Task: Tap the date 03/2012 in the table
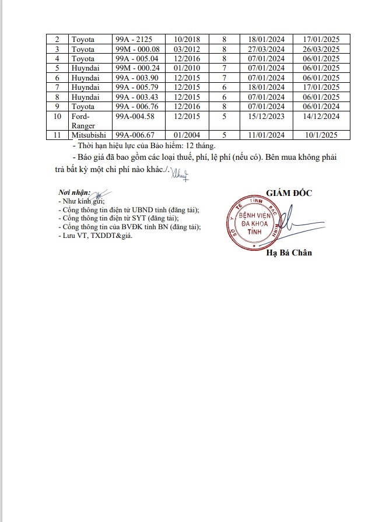[186, 49]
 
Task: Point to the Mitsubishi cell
[88, 135]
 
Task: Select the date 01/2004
[186, 135]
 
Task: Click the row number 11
[58, 135]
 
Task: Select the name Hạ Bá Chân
[289, 253]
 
